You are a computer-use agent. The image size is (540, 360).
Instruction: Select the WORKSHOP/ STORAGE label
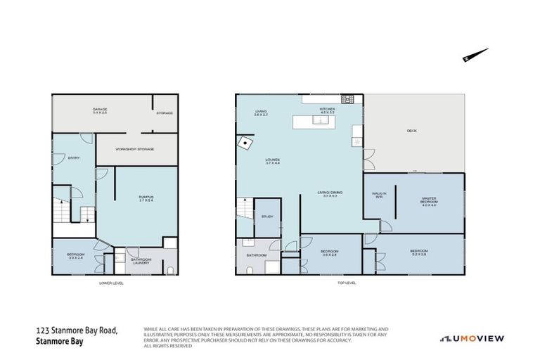pos(135,149)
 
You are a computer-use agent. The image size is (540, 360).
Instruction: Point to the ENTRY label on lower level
pos(73,157)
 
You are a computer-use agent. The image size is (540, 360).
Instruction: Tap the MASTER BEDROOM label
pos(428,203)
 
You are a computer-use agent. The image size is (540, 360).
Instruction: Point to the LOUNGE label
pos(272,161)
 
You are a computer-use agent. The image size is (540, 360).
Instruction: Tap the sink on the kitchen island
pos(320,120)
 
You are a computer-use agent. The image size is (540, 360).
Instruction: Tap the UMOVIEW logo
pos(472,338)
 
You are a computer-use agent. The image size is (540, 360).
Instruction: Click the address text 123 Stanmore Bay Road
pos(77,330)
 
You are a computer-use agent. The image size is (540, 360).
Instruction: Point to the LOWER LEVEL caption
pos(113,283)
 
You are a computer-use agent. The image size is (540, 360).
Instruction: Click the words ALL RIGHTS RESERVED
pos(167,346)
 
